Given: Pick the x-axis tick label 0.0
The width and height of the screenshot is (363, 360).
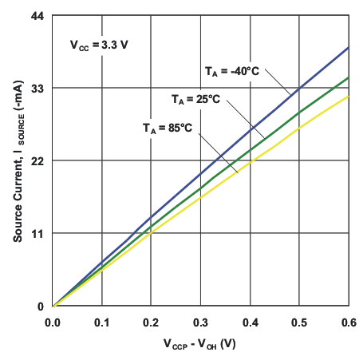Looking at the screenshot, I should click(53, 322).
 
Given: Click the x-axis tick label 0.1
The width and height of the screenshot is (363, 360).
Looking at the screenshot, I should click(102, 322).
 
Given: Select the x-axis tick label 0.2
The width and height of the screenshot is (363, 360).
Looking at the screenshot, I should click(152, 322).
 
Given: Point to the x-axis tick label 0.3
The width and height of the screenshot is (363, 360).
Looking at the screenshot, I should click(201, 322).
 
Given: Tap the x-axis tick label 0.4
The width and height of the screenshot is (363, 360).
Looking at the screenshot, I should click(251, 322).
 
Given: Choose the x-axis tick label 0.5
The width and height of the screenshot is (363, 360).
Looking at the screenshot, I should click(299, 322).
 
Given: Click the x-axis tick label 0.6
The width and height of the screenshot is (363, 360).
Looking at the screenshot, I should click(347, 322).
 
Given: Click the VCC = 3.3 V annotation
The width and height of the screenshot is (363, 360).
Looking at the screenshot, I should click(99, 45).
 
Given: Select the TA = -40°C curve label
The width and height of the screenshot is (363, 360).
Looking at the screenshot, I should click(231, 72).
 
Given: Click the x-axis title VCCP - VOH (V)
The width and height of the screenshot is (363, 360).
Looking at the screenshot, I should click(200, 345).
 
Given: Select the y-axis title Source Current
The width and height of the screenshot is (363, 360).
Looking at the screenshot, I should click(17, 160).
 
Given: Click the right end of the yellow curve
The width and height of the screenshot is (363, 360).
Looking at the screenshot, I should click(349, 97).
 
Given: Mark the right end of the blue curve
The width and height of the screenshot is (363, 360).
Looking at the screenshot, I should click(349, 47).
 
